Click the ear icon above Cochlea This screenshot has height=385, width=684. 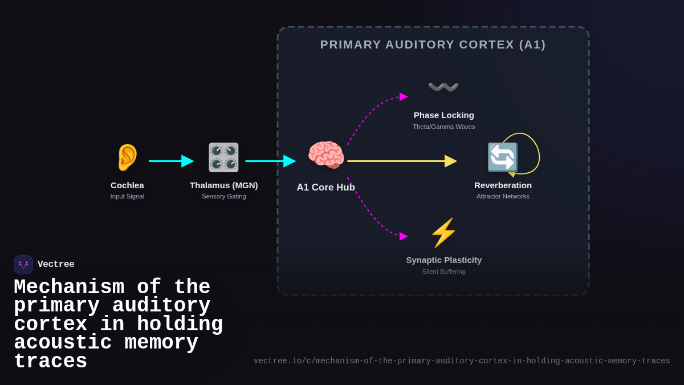click(127, 157)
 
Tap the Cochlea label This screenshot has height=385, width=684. click(127, 185)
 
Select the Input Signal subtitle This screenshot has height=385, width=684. click(127, 196)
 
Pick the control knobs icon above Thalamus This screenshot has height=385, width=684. click(223, 157)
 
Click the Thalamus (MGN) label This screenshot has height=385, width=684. click(223, 185)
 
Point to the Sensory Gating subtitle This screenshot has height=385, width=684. click(223, 196)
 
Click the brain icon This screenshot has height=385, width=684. click(326, 155)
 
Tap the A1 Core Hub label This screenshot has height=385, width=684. click(325, 187)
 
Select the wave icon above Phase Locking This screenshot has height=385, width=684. click(443, 87)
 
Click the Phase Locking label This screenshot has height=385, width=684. click(443, 115)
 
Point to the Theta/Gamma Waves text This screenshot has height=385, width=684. click(443, 127)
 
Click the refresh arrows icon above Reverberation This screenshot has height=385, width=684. click(502, 157)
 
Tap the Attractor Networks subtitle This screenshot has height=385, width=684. click(503, 196)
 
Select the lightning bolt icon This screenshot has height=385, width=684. click(443, 233)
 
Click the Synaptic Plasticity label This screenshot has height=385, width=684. click(443, 260)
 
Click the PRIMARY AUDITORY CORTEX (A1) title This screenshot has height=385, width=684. click(433, 44)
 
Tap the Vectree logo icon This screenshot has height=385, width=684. click(23, 265)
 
